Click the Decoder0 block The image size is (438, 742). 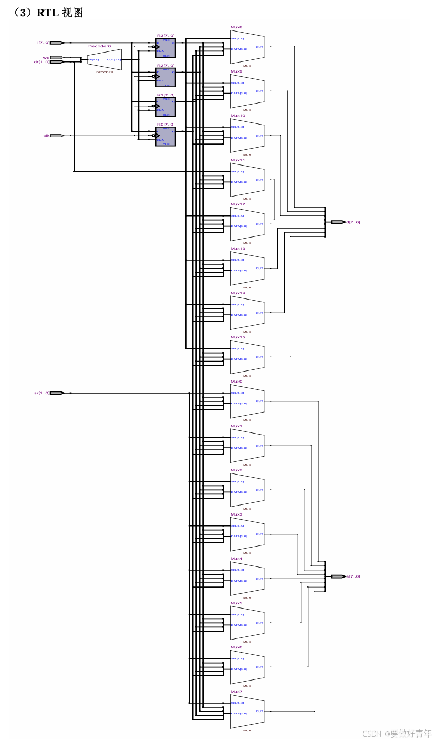[105, 60]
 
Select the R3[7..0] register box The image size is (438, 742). [165, 48]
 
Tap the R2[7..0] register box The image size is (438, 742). [165, 77]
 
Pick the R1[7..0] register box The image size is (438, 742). [165, 107]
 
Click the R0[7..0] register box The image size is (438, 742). [165, 136]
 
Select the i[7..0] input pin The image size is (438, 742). [57, 43]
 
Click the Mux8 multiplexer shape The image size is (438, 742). [247, 47]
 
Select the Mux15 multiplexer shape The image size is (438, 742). [247, 357]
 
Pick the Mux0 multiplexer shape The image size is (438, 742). [247, 401]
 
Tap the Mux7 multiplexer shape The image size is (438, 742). [247, 712]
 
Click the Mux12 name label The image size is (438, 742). [238, 204]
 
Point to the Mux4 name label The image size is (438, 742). [236, 559]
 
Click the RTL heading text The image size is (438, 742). [48, 13]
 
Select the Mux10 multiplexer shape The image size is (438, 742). [247, 136]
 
